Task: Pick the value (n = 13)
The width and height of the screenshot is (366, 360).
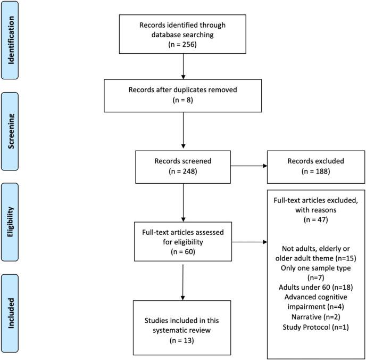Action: (183, 338)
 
